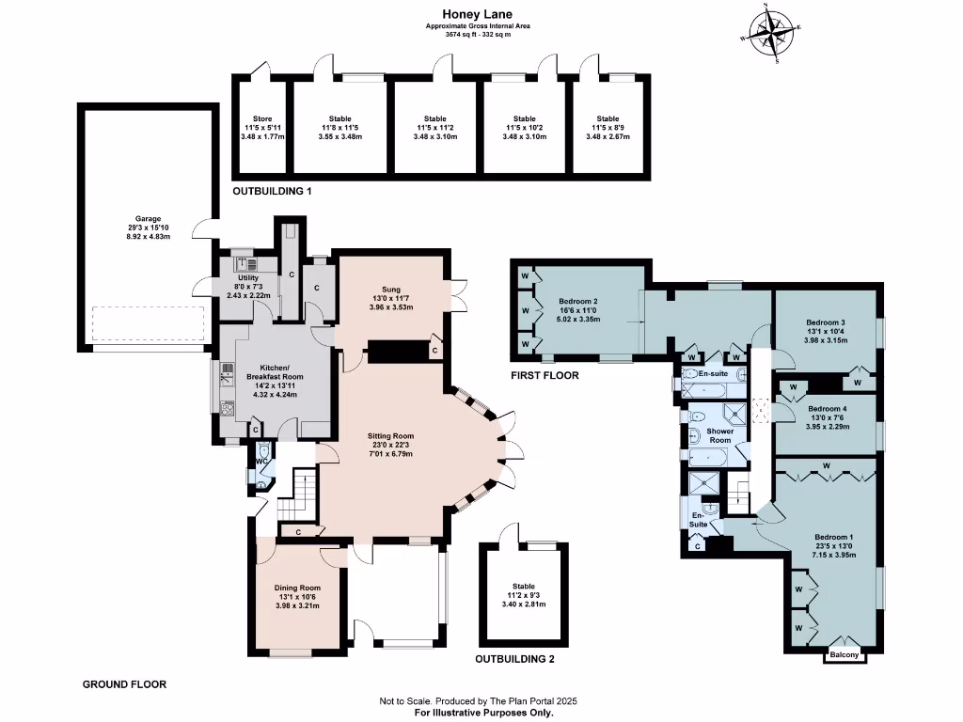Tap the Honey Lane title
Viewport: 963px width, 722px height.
coord(478,14)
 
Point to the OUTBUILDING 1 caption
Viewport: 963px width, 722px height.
coord(272,192)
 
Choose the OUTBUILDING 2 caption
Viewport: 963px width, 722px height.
coord(514,659)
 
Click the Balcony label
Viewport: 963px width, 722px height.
coord(845,654)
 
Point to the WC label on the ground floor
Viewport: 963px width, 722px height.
coord(261,461)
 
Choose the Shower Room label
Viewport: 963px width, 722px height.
coord(720,435)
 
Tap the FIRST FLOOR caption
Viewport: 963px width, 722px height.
coord(545,376)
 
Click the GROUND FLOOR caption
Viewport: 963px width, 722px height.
coord(125,684)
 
